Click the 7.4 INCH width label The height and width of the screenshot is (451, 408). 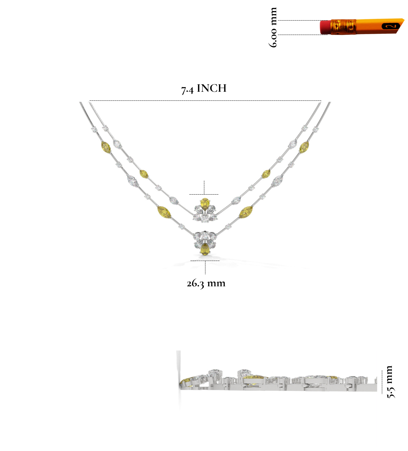204,88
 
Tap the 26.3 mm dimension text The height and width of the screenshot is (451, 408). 206,283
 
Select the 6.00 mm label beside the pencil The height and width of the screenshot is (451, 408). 273,27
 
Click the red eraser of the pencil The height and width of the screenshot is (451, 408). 325,27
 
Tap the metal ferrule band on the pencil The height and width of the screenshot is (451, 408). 343,27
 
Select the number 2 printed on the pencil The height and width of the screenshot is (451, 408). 391,26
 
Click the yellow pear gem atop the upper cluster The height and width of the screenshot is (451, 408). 205,204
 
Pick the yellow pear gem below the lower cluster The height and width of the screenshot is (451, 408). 205,249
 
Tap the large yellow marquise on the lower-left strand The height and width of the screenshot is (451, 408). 164,212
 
